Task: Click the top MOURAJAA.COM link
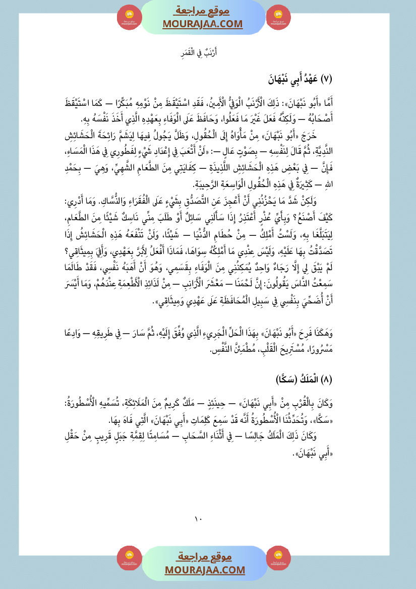pyautogui.click(x=202, y=24)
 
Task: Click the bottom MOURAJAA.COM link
pyautogui.click(x=204, y=569)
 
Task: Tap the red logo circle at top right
pyautogui.click(x=278, y=17)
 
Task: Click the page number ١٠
pyautogui.click(x=198, y=518)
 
